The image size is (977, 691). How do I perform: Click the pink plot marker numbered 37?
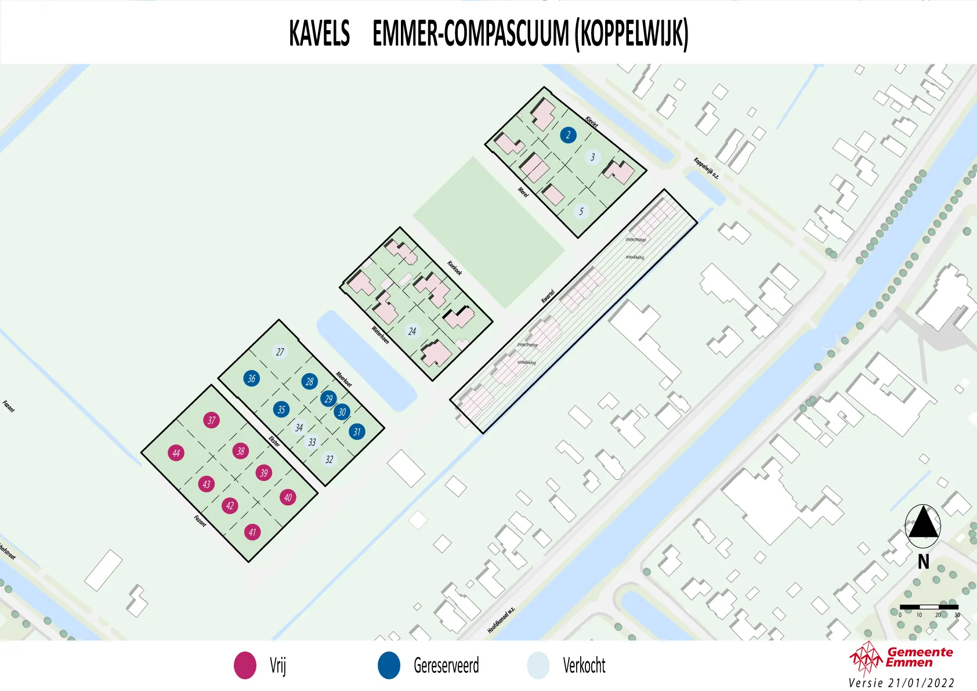211,420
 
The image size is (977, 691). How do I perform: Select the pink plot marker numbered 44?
176,453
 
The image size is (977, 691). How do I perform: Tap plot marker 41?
252,532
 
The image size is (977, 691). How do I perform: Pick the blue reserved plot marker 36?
251,378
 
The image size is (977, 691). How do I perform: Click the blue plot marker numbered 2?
568,135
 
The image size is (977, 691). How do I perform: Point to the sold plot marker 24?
412,331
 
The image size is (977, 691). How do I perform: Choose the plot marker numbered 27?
280,352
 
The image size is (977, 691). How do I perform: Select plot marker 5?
581,211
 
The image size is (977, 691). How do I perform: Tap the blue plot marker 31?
357,431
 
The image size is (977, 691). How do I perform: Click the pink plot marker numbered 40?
288,497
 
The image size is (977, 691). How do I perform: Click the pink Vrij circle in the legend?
245,665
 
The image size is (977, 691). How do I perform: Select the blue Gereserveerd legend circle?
389,665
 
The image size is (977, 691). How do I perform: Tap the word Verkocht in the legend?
584,665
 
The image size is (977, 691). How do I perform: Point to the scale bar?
929,607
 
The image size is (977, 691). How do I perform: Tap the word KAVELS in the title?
320,33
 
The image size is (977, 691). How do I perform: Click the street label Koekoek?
455,268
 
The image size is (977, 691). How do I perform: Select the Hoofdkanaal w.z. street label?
501,620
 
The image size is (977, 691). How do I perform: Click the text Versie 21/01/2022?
901,683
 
